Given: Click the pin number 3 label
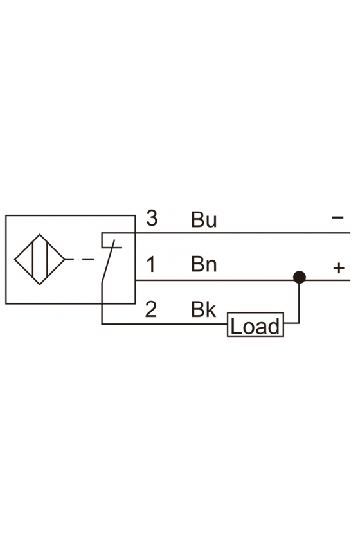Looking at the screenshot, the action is (152, 218).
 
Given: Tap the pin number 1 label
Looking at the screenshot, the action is (151, 264).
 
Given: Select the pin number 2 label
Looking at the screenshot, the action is (151, 309).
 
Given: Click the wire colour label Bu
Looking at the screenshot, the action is (204, 220).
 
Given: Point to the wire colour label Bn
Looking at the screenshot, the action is (204, 264).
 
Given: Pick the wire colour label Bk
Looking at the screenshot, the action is (203, 309).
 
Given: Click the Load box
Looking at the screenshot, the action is (255, 325).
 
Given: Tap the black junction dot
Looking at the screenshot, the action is (300, 277).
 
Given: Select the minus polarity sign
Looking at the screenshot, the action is (337, 217).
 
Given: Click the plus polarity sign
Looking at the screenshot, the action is (339, 267).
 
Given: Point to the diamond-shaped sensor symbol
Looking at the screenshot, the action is (40, 259).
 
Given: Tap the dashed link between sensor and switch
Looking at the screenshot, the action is (79, 259).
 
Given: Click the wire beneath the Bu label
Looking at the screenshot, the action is (243, 233).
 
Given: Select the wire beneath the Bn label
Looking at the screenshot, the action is (243, 280).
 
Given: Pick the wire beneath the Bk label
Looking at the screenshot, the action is (165, 324).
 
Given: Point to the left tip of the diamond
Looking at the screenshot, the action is (15, 259).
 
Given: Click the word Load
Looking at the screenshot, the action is (255, 326).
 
